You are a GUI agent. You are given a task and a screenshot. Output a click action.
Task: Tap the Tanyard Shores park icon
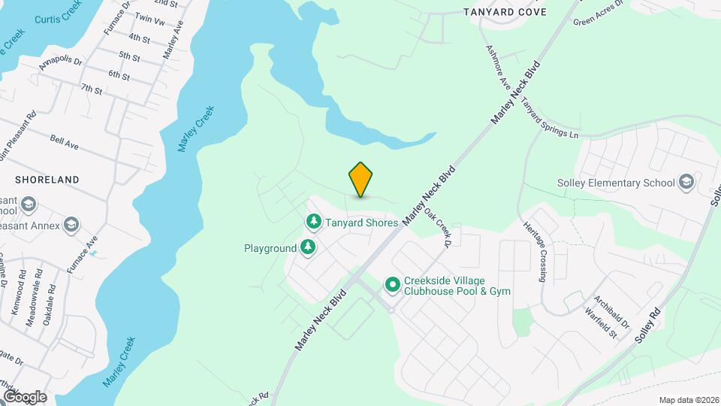[313, 222]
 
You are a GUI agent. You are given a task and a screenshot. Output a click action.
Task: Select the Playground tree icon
[307, 247]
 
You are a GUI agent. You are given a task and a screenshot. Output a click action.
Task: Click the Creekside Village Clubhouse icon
[392, 285]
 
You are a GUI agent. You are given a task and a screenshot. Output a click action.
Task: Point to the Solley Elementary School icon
[686, 183]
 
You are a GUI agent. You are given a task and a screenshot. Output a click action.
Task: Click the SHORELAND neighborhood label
[47, 180]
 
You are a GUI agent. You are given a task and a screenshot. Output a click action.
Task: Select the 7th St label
[92, 89]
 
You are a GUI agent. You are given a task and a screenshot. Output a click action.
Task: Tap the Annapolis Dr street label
[61, 66]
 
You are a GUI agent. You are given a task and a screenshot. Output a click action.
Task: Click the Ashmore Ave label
[498, 68]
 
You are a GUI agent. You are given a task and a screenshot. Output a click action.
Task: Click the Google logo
[25, 397]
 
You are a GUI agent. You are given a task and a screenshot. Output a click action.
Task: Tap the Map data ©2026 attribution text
[688, 400]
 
